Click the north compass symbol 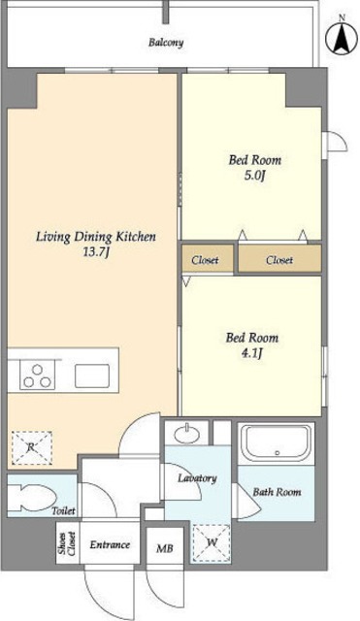tap(342, 37)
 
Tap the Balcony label tap(166, 43)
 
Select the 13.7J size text tap(95, 252)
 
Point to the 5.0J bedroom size tap(254, 175)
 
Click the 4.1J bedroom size tap(252, 353)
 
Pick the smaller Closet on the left tap(208, 259)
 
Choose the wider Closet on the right tap(279, 259)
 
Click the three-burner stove tap(37, 376)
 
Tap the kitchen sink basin tap(92, 376)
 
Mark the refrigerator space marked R tap(32, 447)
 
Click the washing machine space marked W tap(212, 542)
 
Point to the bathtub tap(276, 443)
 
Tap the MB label tap(164, 548)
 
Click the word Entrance tap(110, 544)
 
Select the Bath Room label tap(277, 492)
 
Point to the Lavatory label tap(197, 478)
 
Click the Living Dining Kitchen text tap(96, 237)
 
